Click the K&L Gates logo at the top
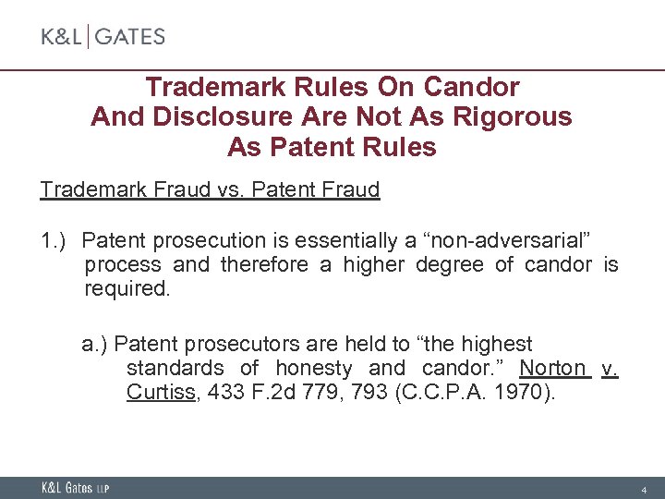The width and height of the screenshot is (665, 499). click(103, 37)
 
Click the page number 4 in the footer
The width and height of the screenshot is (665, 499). click(644, 488)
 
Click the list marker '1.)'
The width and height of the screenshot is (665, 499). click(55, 241)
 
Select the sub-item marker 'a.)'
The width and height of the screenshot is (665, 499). click(95, 345)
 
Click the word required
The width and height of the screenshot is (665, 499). click(127, 289)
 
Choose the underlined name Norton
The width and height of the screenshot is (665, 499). click(552, 369)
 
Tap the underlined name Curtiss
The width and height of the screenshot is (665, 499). click(161, 393)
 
